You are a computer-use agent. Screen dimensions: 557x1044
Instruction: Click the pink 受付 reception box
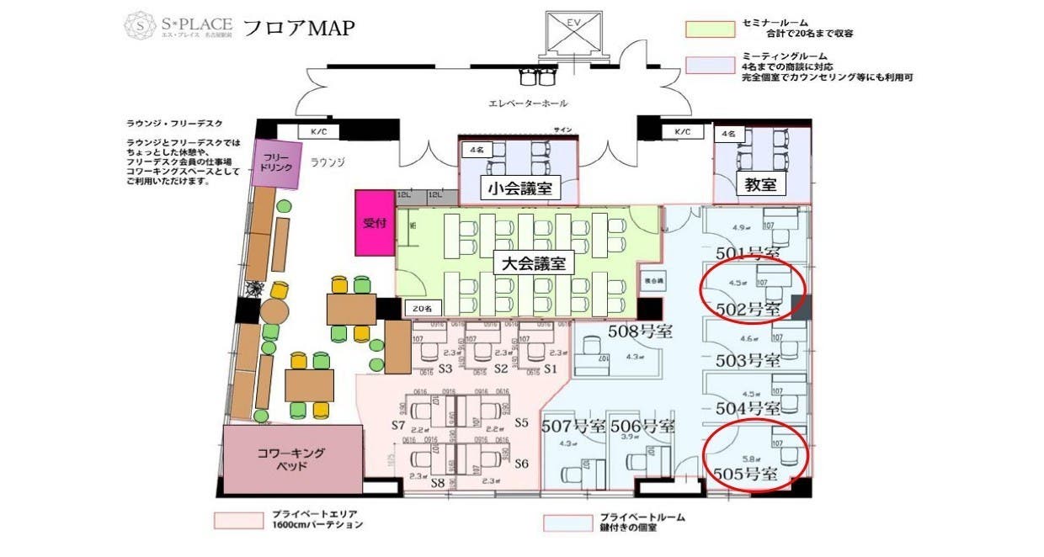click(374, 223)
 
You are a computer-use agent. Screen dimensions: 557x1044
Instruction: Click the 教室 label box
click(760, 184)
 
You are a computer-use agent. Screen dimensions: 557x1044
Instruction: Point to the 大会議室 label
click(533, 263)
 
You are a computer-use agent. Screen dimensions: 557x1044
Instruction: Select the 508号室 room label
click(640, 332)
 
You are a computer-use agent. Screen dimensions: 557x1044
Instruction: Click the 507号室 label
click(574, 426)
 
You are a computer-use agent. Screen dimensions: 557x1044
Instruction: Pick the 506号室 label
click(642, 426)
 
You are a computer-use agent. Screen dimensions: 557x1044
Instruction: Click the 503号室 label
click(748, 360)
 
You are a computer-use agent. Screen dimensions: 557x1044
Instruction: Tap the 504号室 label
click(748, 408)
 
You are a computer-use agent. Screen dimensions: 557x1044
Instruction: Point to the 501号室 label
click(747, 252)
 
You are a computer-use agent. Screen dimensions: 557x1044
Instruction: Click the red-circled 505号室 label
click(746, 474)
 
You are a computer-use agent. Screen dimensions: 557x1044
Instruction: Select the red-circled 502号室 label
click(748, 309)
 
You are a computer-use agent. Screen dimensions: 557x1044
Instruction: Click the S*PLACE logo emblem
click(139, 26)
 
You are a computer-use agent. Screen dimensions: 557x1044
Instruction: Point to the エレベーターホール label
click(528, 103)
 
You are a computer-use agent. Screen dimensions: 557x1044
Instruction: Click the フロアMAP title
click(298, 27)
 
